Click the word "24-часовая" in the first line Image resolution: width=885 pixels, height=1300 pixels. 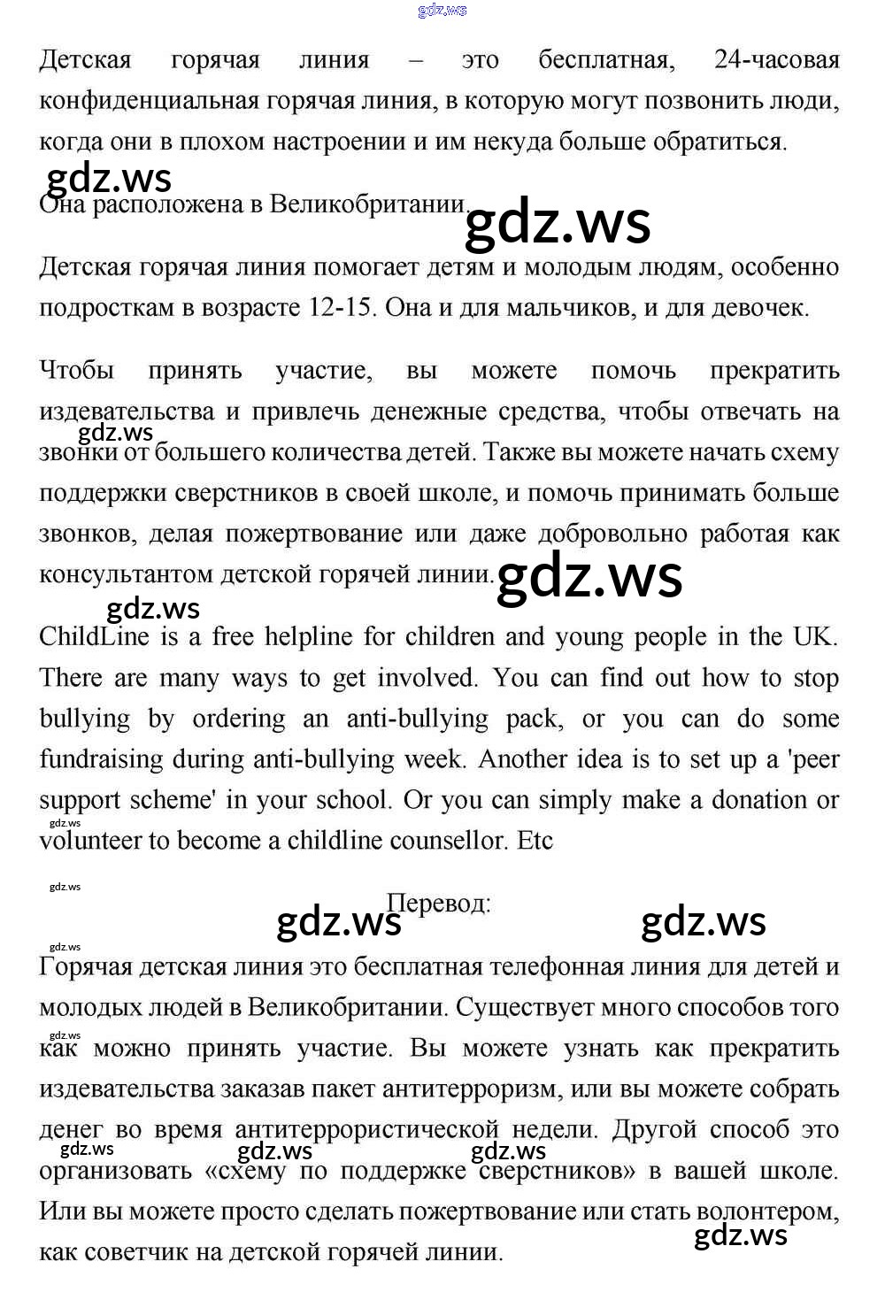pyautogui.click(x=776, y=60)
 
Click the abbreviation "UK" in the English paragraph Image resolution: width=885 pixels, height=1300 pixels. pyautogui.click(x=814, y=637)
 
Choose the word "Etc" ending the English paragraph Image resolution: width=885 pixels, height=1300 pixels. pyautogui.click(x=535, y=841)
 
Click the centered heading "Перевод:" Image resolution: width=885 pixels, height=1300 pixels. pyautogui.click(x=439, y=904)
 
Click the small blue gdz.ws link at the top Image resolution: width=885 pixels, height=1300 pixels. pyautogui.click(x=442, y=11)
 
